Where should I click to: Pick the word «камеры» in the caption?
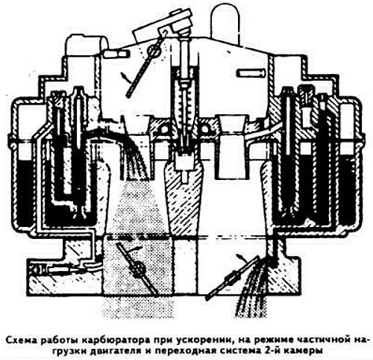(x=304, y=351)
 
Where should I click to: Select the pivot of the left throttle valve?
(x=138, y=269)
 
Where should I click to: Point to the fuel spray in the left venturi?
(x=134, y=159)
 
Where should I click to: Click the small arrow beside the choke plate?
(x=126, y=78)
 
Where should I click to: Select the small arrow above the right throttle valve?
(x=242, y=258)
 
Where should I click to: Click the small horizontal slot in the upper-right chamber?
(x=251, y=72)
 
